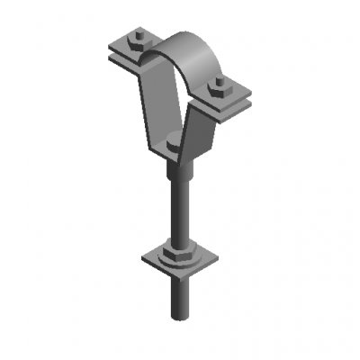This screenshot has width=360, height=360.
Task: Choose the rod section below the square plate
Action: (177, 297)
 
